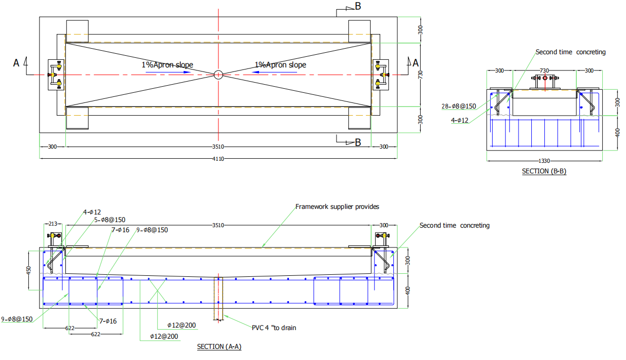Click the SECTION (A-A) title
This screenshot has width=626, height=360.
(219, 347)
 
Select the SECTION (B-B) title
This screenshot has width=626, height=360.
(544, 171)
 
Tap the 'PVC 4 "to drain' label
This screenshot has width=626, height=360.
(274, 328)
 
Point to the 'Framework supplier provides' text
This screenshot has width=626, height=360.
(337, 206)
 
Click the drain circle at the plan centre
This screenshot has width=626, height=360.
(218, 75)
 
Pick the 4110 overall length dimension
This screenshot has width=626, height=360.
(218, 159)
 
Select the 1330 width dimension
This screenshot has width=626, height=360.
(544, 161)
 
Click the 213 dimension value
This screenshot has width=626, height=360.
(52, 224)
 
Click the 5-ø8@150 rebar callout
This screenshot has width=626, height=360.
(110, 220)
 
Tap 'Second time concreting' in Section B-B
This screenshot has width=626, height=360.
(570, 52)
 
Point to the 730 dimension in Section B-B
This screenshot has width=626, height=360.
(544, 70)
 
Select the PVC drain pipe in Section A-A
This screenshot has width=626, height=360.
(218, 299)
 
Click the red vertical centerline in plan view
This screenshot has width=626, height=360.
(218, 30)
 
